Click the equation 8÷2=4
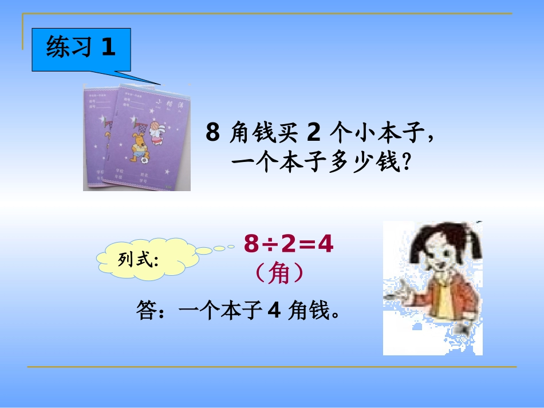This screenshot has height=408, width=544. pos(289,245)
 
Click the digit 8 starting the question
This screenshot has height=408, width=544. pos(212,134)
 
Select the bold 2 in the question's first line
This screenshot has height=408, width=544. pos(313,134)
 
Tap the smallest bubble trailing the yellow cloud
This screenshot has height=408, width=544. pos(231,247)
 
